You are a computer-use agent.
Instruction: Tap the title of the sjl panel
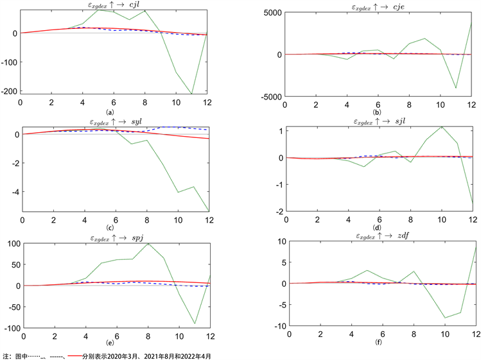pos(380,121)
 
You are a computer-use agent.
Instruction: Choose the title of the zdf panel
pos(380,237)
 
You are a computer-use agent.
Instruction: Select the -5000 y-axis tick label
pos(271,96)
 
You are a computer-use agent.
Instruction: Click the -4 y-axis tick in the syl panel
pos(13,191)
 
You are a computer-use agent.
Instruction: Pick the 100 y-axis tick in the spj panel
pos(11,244)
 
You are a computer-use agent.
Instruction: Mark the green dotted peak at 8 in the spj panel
pos(148,244)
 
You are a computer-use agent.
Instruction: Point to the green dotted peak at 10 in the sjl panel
pos(441,126)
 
